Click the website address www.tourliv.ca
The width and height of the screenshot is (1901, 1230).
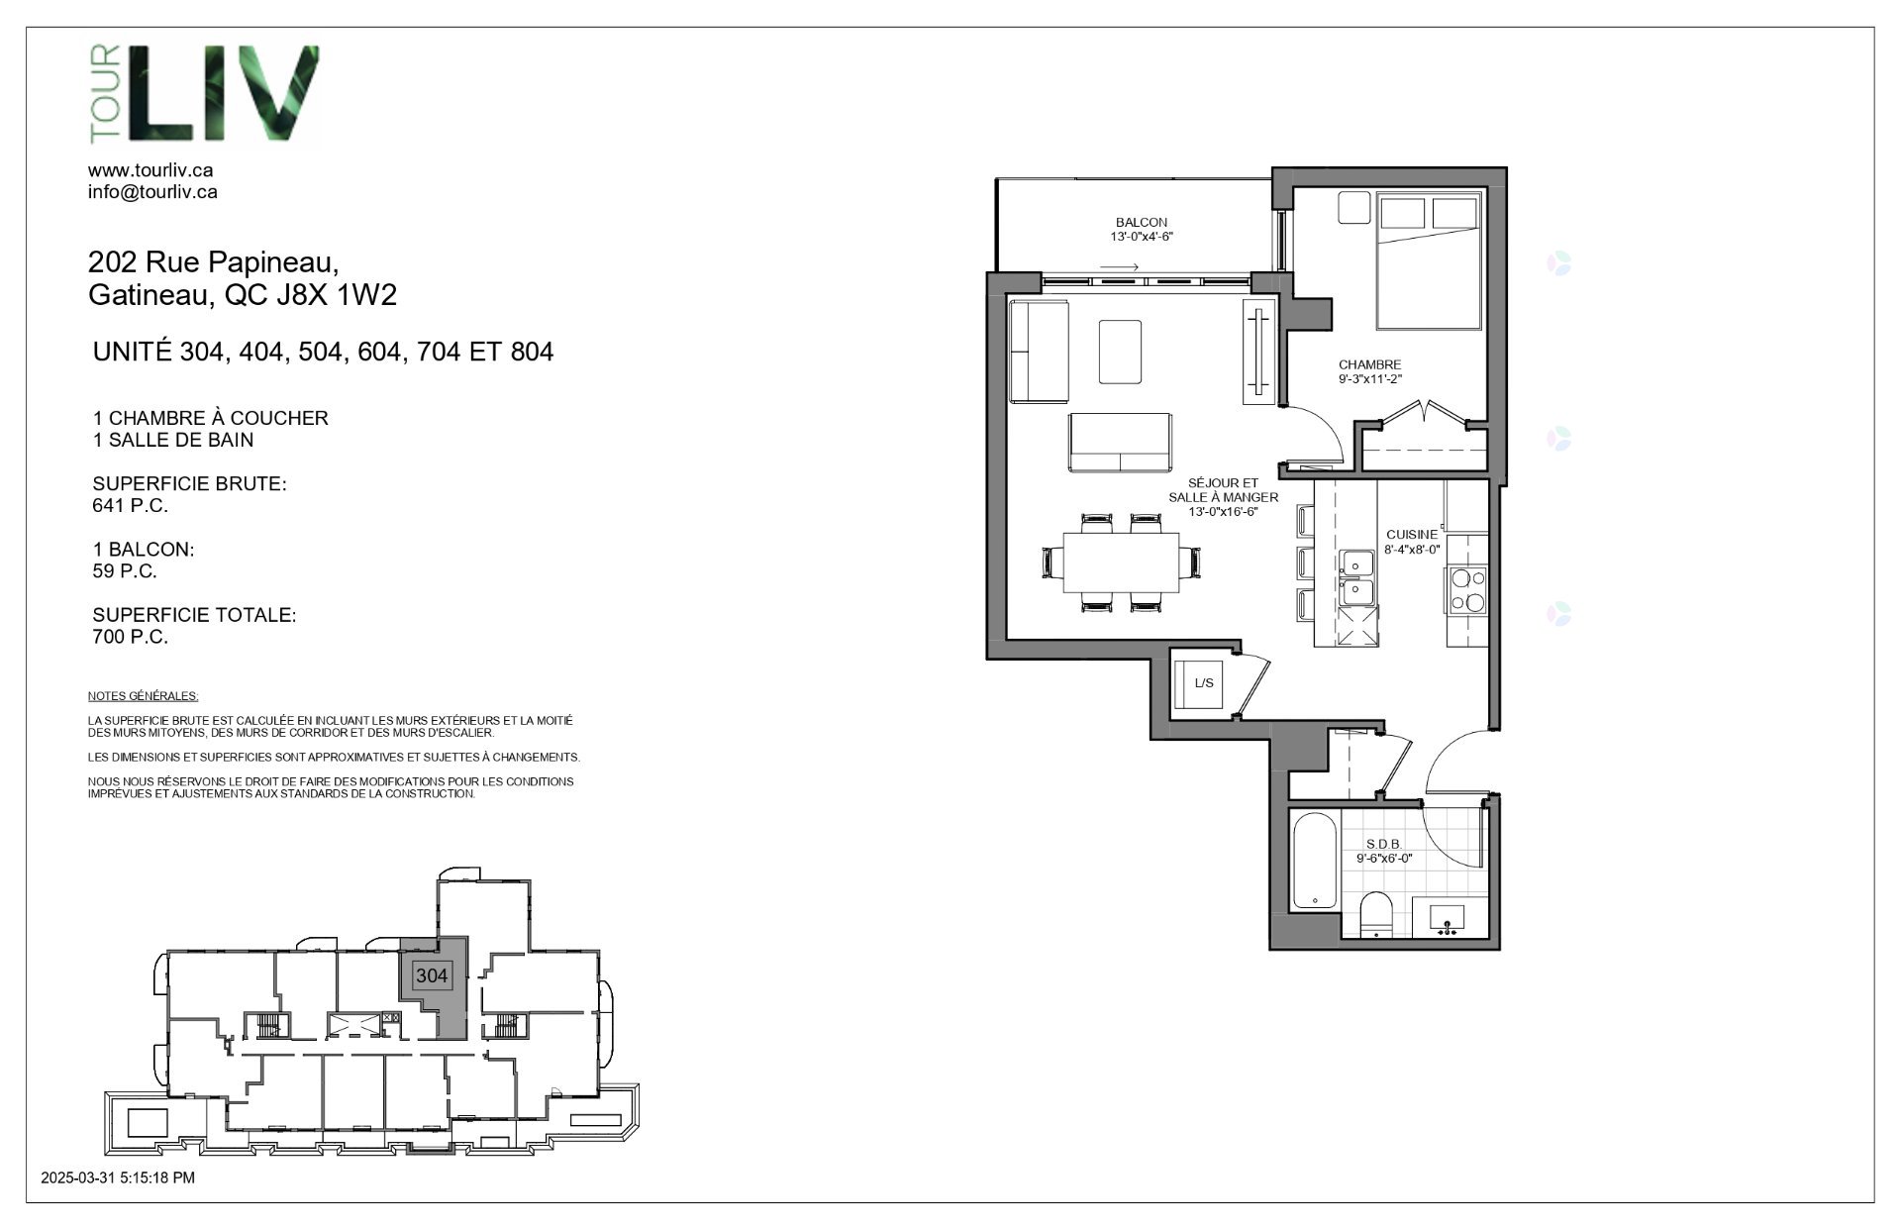[150, 171]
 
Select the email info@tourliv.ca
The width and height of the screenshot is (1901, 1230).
[152, 192]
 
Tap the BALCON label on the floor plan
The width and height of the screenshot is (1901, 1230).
[1142, 223]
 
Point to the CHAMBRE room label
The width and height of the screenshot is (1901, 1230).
[1370, 364]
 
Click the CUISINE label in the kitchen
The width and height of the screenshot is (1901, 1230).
[1412, 535]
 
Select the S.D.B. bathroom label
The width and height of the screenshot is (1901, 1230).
[1383, 845]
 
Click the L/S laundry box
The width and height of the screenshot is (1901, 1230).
[1204, 682]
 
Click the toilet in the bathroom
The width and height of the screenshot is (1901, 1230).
[1376, 915]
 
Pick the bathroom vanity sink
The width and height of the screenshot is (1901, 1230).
[1449, 918]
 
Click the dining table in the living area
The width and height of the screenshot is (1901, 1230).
[1121, 563]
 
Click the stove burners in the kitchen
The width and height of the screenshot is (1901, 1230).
[1466, 589]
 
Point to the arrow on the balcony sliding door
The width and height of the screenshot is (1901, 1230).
[1120, 267]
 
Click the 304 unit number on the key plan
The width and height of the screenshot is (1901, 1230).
[432, 975]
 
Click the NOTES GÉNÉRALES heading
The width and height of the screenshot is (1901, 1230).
[143, 696]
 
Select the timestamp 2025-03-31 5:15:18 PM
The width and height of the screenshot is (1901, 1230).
[118, 1178]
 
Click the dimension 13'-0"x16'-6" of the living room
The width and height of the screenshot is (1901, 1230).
[1223, 512]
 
